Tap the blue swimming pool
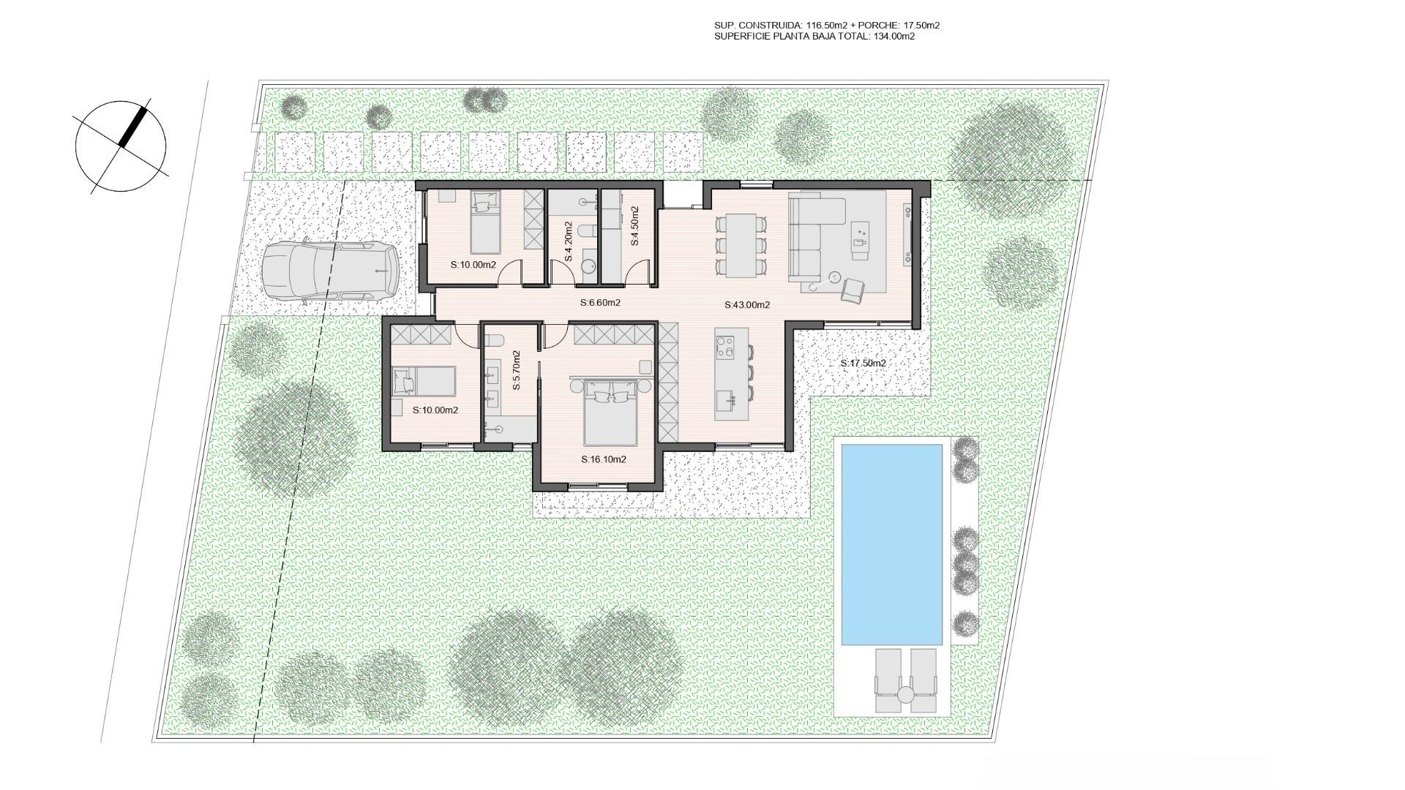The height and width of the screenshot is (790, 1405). coord(891,544)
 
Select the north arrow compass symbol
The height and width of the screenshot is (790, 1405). coord(121,146)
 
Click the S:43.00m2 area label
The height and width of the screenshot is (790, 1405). coord(747,305)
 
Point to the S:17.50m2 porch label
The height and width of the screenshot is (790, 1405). coord(863,364)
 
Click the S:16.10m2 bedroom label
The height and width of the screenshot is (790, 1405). coord(604,460)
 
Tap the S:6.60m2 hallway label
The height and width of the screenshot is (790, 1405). coord(600,302)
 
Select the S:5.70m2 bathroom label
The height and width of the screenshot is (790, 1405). coord(516,370)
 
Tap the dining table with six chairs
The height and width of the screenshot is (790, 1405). coord(741,245)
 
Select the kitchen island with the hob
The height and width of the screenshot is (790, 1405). coord(733,373)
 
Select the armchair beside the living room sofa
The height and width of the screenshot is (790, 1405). coord(852,290)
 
